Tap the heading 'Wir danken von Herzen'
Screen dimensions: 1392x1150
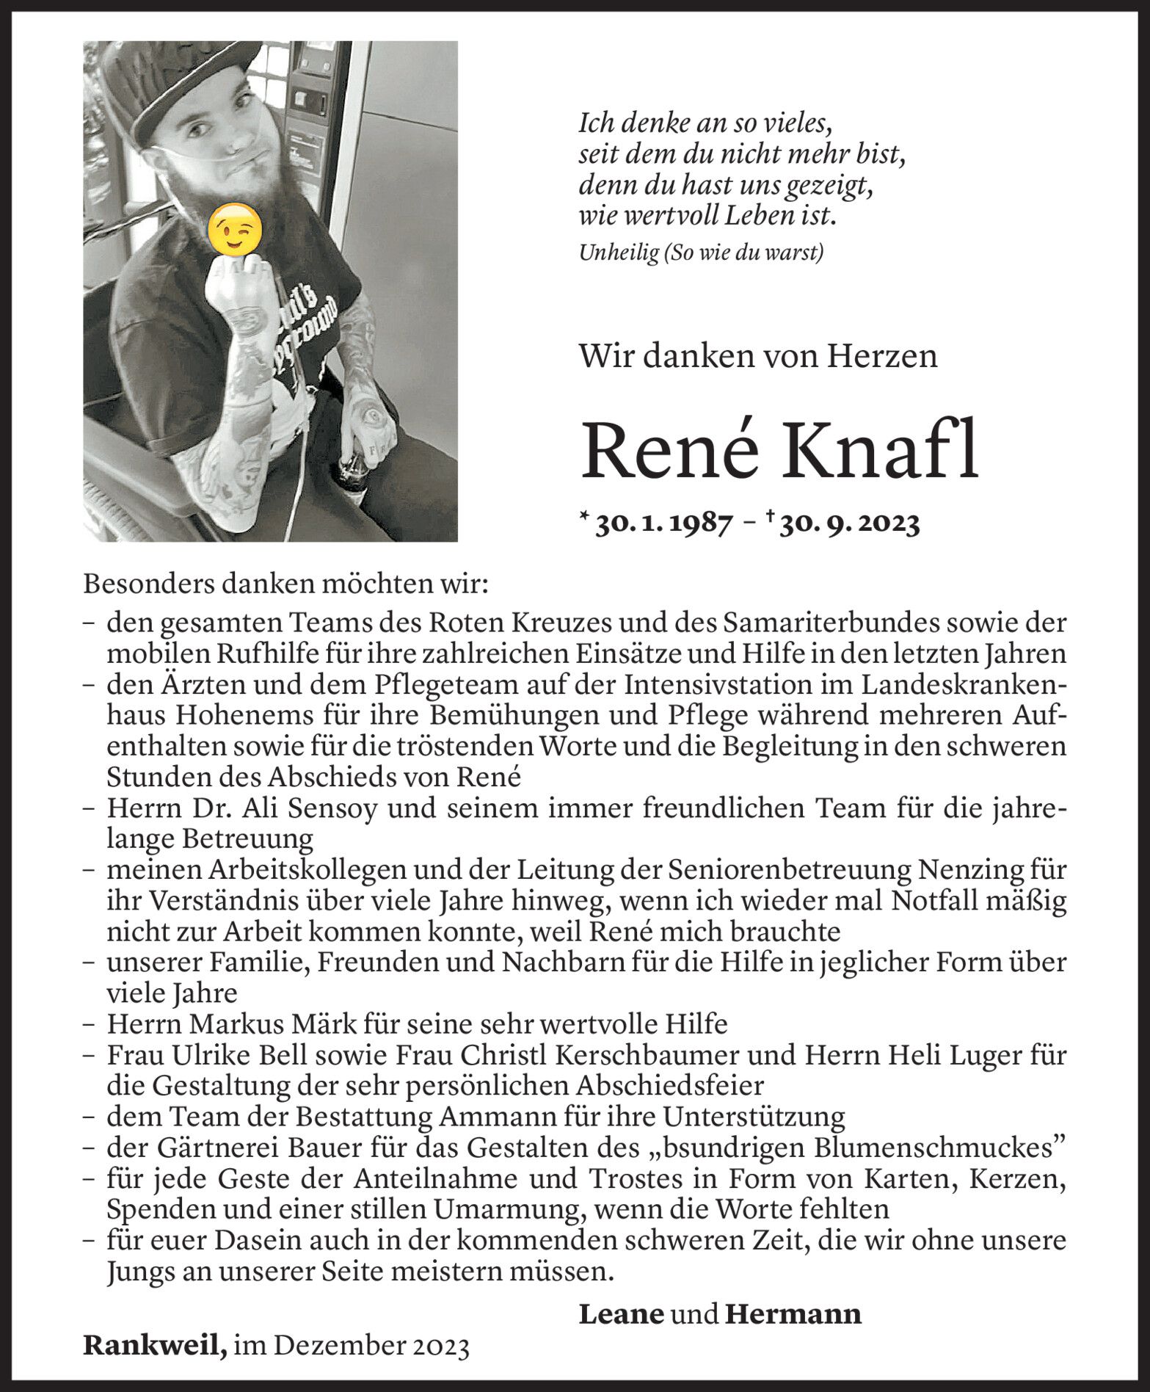tap(758, 357)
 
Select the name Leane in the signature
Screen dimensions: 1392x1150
tap(622, 1313)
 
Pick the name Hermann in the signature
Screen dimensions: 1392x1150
tap(793, 1313)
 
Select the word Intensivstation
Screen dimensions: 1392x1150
tap(735, 685)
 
